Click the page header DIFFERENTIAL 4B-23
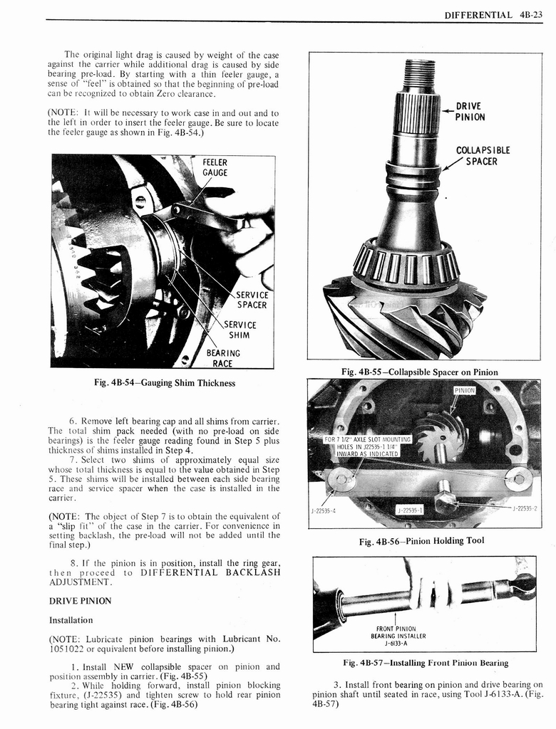click(x=493, y=14)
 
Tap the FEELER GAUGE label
click(x=215, y=167)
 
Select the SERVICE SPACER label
click(x=252, y=300)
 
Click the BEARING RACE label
click(x=223, y=357)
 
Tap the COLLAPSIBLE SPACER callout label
click(x=483, y=156)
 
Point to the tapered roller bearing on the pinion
click(x=406, y=261)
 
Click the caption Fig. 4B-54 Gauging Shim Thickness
click(x=165, y=383)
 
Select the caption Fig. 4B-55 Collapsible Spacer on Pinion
click(x=420, y=372)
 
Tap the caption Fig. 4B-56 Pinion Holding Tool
click(x=424, y=540)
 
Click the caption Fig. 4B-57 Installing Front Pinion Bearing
click(x=426, y=663)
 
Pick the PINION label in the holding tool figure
click(x=464, y=390)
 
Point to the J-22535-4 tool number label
click(x=324, y=510)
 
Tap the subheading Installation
click(x=71, y=620)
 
